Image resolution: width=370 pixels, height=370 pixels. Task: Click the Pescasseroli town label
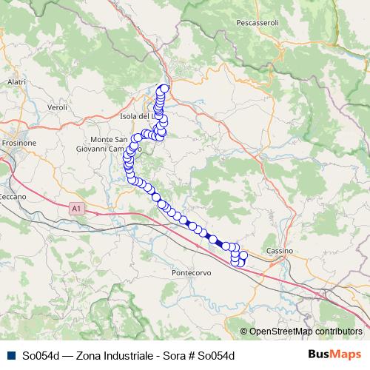257,23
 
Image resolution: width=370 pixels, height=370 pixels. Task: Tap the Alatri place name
16,81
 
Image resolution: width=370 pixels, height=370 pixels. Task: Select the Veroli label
57,107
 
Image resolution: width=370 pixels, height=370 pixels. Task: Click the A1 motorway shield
76,209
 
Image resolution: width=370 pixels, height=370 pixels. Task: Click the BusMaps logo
334,354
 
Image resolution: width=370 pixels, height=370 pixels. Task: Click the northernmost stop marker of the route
164,88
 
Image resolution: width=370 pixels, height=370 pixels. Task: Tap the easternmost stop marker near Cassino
243,255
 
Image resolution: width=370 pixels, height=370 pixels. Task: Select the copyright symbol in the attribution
244,332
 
